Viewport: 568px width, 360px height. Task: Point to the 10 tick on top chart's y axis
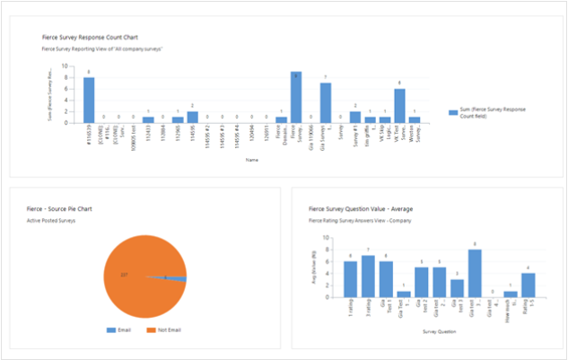[73, 65]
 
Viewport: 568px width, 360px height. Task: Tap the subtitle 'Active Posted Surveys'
[53, 220]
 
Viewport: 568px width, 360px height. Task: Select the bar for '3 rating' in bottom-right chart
[368, 276]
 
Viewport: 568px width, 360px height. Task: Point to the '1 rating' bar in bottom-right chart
[350, 278]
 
